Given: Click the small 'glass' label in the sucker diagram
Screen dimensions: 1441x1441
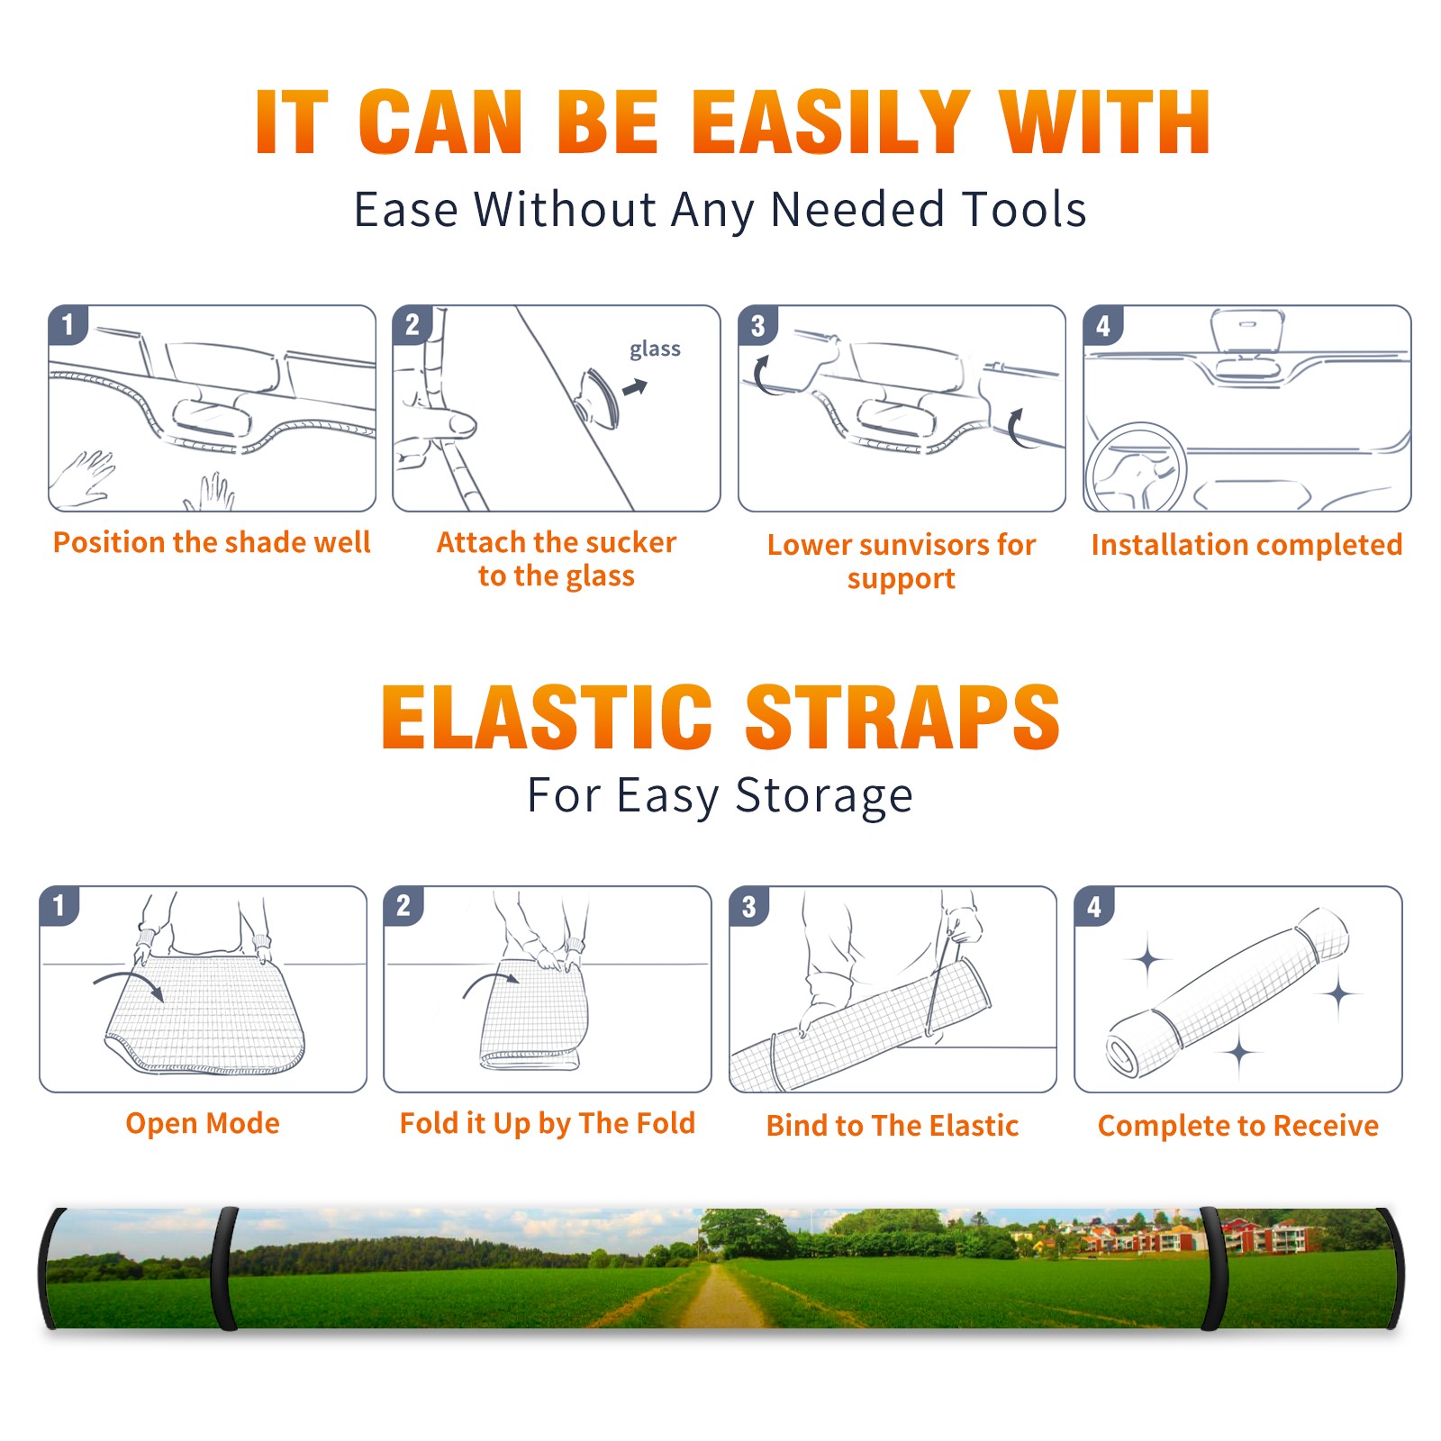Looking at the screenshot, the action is pyautogui.click(x=655, y=349).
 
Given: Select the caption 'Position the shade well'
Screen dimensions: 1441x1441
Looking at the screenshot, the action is pyautogui.click(x=212, y=542).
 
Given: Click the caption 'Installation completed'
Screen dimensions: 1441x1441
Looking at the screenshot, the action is pyautogui.click(x=1246, y=544).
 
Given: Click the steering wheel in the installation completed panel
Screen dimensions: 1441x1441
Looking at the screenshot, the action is pyautogui.click(x=1136, y=467).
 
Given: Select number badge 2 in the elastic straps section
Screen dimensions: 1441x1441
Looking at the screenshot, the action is pyautogui.click(x=403, y=906).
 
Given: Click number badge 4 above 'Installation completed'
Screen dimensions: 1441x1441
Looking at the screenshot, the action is pyautogui.click(x=1103, y=325).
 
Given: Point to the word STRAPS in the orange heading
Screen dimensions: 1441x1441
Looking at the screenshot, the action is pyautogui.click(x=902, y=717).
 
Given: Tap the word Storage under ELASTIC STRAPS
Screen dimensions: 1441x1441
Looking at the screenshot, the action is pyautogui.click(x=824, y=795).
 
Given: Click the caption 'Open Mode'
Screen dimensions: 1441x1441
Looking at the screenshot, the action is pyautogui.click(x=203, y=1123).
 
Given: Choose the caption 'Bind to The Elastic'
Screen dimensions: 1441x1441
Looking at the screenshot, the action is pyautogui.click(x=892, y=1126).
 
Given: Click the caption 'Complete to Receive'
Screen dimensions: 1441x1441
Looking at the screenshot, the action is pyautogui.click(x=1238, y=1126).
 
